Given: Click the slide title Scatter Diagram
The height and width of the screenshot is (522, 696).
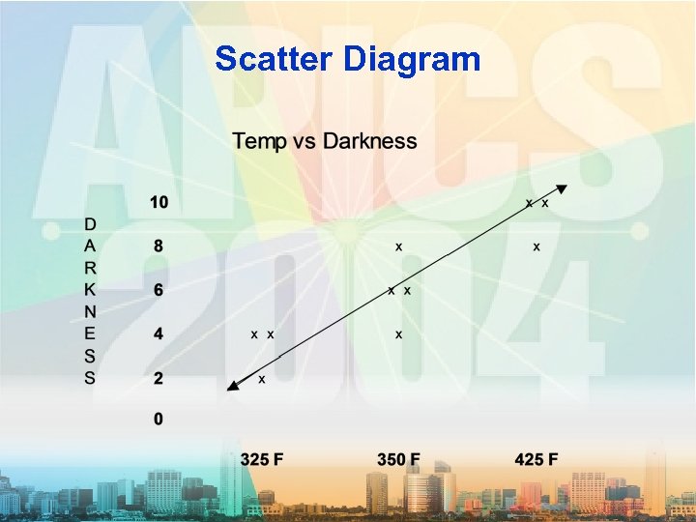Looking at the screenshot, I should tap(347, 60).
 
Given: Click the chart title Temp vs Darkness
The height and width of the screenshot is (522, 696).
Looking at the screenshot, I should tap(325, 141).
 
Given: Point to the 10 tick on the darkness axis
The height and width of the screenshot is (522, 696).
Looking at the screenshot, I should tap(158, 203).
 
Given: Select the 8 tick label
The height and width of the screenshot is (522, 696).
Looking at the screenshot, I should tap(158, 246).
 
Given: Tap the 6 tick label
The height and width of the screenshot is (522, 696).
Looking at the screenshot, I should tap(158, 290).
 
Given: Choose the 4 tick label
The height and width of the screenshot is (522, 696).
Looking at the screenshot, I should tap(158, 333).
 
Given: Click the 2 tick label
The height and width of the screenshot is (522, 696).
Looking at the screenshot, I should tap(158, 378).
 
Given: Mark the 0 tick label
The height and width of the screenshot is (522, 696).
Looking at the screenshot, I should tap(158, 420).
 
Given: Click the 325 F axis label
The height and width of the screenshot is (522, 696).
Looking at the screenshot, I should tap(262, 458).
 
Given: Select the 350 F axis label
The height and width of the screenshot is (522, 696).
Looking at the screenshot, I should tap(399, 458).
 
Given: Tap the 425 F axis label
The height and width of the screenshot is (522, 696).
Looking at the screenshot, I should tap(536, 458).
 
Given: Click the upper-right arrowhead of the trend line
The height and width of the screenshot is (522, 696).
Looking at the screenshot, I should tap(564, 190).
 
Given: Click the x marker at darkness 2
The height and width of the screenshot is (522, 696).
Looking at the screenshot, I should tap(262, 379).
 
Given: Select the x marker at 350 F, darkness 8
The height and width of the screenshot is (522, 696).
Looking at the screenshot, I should tap(398, 247).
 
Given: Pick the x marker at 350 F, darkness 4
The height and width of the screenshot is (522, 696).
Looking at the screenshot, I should tap(398, 334).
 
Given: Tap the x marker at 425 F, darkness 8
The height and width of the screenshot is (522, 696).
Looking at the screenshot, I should tap(536, 247).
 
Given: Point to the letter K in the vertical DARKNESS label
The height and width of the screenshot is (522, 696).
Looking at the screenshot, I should tap(89, 289).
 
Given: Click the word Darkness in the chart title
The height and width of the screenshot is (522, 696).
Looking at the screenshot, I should tap(370, 141).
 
